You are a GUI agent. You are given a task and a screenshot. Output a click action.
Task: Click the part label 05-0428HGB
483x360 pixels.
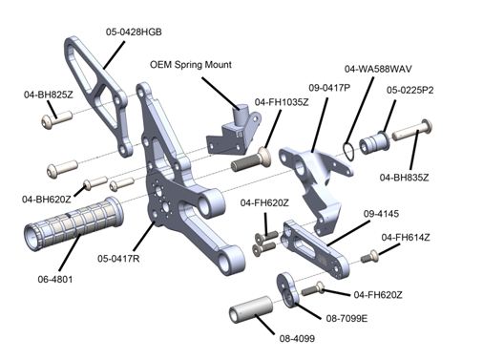tap(134, 32)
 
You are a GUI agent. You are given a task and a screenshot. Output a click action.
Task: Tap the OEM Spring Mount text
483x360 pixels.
tap(191, 65)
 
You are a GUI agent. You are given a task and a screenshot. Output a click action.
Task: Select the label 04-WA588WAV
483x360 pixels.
tap(377, 70)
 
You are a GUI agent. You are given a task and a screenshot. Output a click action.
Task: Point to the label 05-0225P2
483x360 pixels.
tap(411, 90)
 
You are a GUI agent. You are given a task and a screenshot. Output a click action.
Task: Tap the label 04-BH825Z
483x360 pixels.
tap(49, 95)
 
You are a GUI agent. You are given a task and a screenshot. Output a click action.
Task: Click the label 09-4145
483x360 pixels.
tap(381, 216)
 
